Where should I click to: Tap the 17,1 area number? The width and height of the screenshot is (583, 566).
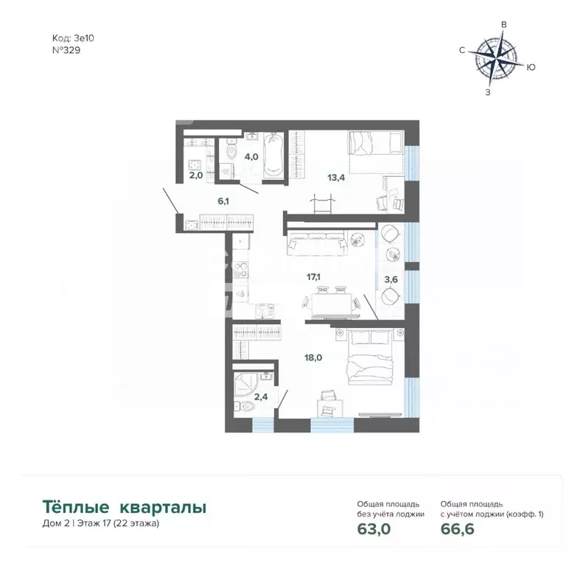coord(313,277)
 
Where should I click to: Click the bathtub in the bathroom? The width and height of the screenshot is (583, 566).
coord(273,155)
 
